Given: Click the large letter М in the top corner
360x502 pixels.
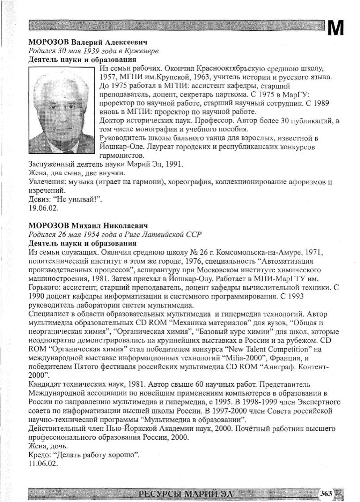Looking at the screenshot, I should click(x=335, y=29).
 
